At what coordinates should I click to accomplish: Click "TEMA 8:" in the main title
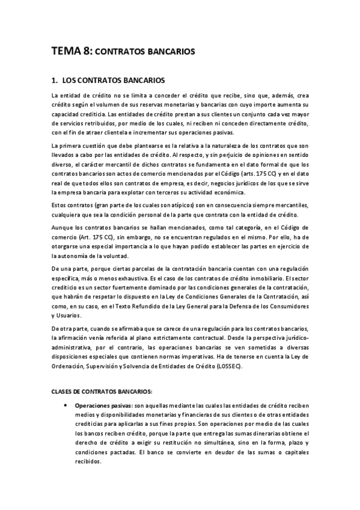tap(72, 52)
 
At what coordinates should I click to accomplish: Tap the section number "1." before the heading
tap(55, 79)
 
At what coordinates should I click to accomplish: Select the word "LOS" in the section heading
tap(71, 79)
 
